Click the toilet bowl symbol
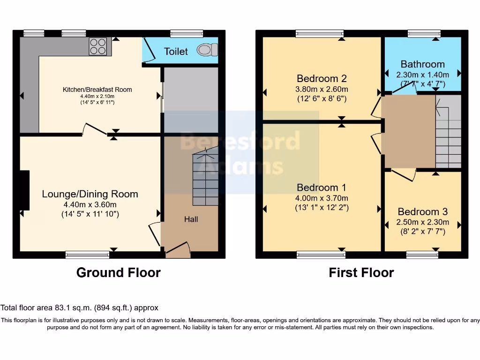coord(207,50)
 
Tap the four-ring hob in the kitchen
coord(98,46)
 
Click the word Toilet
coord(176,52)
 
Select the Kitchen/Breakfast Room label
coord(97,90)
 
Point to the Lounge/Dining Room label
coord(90,194)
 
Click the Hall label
coord(191,219)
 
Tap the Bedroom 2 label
coord(322,79)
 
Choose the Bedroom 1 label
coord(322,187)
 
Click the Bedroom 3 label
coord(423,211)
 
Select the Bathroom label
coord(423,64)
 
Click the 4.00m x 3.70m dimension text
coord(322,198)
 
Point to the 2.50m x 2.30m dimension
coord(423,222)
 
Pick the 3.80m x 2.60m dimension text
coord(322,89)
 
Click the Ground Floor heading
coord(119,272)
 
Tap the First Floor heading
coord(361,272)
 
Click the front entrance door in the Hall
coord(178,248)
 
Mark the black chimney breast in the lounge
coord(25,190)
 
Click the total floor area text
coord(80,307)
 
